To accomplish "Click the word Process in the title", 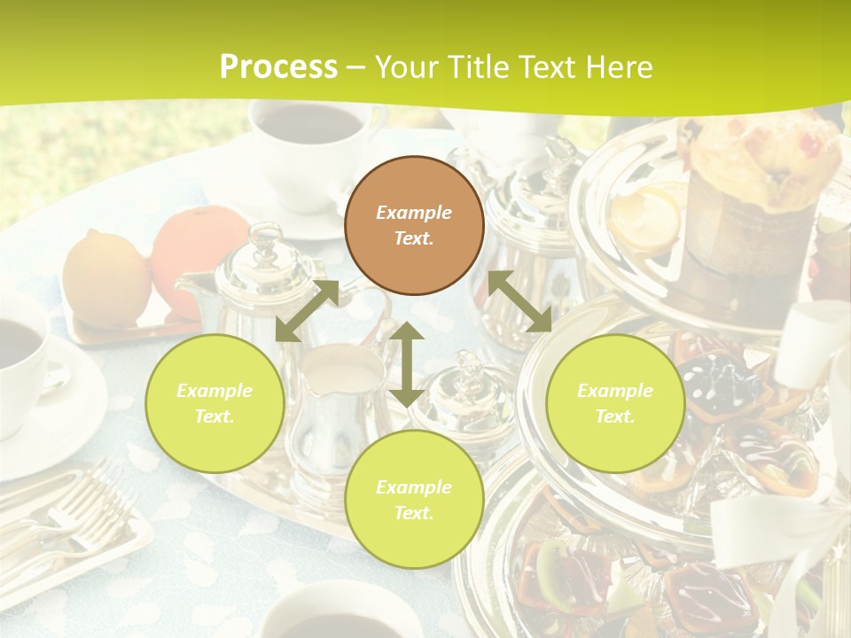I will [278, 66].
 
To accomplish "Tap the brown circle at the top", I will [414, 225].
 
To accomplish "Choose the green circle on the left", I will [215, 403].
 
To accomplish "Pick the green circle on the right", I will [615, 403].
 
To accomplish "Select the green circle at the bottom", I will [414, 500].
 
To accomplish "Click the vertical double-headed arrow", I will [407, 364].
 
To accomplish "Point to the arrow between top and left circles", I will [307, 311].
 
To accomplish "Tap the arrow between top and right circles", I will [520, 302].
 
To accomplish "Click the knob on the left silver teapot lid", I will [264, 237].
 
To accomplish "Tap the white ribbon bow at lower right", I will [780, 541].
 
